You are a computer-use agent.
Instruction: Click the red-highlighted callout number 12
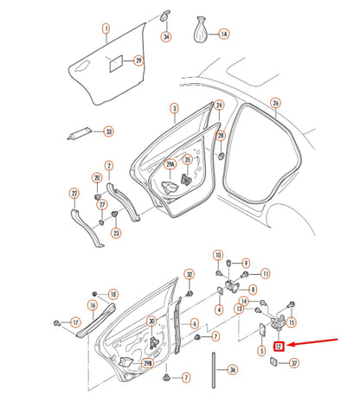pyautogui.click(x=279, y=347)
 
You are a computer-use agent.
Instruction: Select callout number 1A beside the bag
pyautogui.click(x=224, y=34)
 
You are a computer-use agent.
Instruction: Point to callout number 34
pyautogui.click(x=167, y=36)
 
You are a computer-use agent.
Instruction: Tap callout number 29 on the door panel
pyautogui.click(x=137, y=61)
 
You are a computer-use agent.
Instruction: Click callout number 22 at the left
pyautogui.click(x=74, y=193)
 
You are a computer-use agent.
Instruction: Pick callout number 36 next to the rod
pyautogui.click(x=231, y=369)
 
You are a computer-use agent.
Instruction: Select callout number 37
pyautogui.click(x=294, y=363)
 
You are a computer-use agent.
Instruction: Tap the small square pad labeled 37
pyautogui.click(x=270, y=362)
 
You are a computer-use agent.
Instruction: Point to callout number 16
pyautogui.click(x=92, y=305)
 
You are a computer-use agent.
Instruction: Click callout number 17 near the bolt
pyautogui.click(x=74, y=323)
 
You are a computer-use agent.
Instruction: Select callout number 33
pyautogui.click(x=108, y=131)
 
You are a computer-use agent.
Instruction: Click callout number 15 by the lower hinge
pyautogui.click(x=291, y=323)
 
